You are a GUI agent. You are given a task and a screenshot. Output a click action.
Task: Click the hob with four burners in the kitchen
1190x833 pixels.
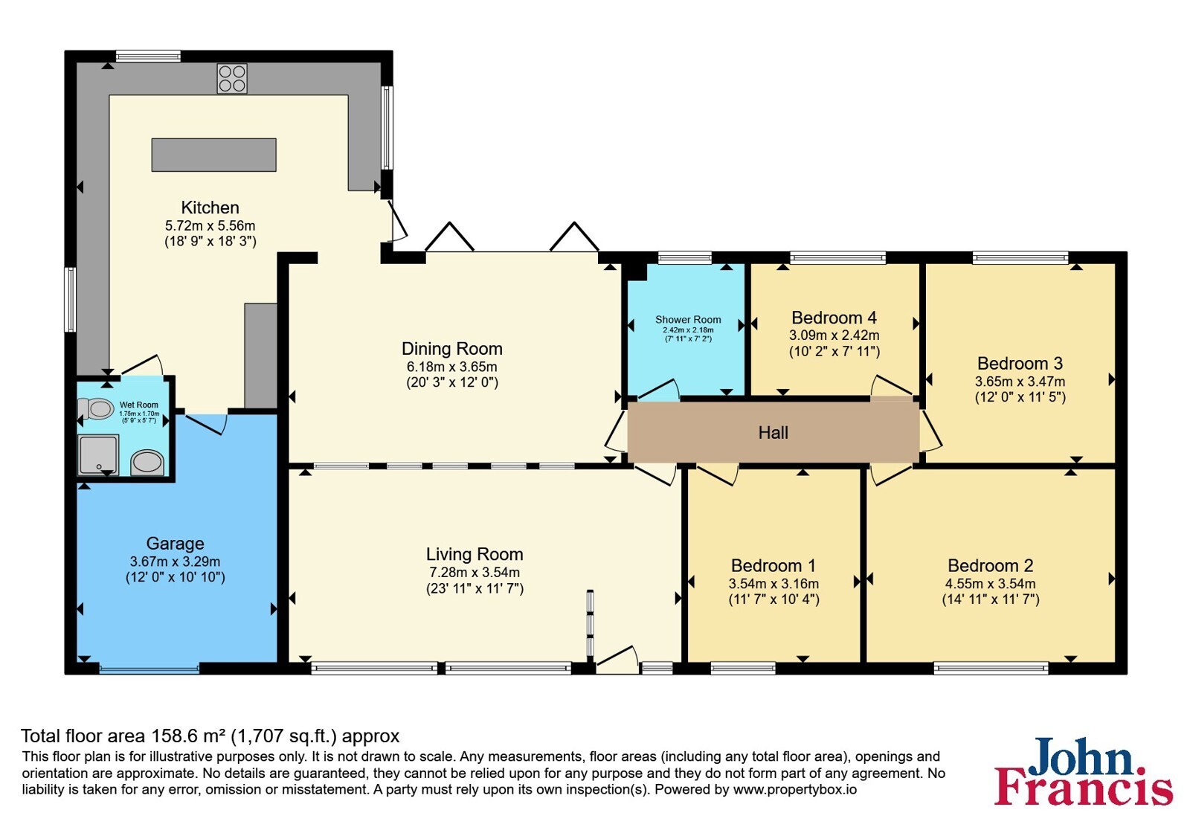coord(232,79)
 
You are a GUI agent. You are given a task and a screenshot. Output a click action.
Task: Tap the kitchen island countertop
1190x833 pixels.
coord(214,155)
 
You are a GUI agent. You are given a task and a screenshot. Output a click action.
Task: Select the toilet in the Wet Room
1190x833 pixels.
coord(96,409)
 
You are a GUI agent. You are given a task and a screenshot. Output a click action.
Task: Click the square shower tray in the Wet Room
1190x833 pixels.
coord(98,454)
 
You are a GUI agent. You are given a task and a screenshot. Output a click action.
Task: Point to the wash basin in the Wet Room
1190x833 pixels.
coord(148,463)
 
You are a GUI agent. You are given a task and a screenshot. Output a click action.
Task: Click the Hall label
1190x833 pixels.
coord(773,432)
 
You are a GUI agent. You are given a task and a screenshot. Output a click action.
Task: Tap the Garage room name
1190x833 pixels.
coord(176,544)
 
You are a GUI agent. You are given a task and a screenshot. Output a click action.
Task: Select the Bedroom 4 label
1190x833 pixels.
coord(834,318)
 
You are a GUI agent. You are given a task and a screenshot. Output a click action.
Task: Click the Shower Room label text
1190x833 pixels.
coord(688,319)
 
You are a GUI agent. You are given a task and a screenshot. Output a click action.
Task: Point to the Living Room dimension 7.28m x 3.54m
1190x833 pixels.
coord(475,572)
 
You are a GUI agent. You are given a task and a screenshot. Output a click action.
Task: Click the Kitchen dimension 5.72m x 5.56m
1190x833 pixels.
coord(210,225)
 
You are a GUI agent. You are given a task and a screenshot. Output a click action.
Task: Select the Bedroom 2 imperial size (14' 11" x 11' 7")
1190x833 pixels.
coord(991,599)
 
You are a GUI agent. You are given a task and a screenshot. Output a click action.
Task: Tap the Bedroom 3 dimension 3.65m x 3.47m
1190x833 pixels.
coord(1020,382)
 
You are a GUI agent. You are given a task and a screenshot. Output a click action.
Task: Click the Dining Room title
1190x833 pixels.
coord(452,349)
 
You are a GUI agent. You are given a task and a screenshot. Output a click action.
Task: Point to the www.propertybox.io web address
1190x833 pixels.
coord(795,789)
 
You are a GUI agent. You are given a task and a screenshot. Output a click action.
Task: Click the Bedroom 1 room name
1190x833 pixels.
coord(773,565)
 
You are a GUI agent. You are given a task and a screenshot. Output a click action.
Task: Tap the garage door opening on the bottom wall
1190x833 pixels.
coord(149,669)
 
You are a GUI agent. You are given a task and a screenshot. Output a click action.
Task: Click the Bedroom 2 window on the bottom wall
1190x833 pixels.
coord(991,669)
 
